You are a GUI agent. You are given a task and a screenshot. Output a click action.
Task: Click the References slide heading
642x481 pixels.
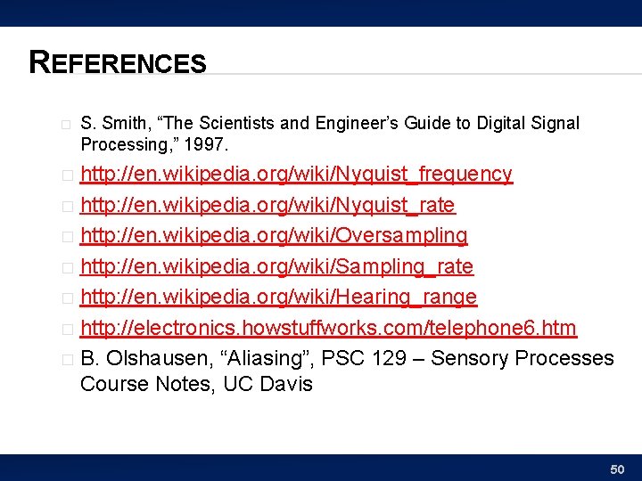[118, 62]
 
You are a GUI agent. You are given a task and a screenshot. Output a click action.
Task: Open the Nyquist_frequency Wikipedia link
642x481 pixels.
[296, 174]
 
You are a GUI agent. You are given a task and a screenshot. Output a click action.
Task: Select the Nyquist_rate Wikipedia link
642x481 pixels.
[267, 205]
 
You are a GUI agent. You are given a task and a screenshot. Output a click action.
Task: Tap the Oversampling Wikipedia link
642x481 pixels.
[274, 236]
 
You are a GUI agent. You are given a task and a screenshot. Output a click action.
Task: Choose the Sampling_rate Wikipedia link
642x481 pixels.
[276, 266]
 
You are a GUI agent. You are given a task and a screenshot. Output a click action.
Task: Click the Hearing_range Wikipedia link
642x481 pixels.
[278, 297]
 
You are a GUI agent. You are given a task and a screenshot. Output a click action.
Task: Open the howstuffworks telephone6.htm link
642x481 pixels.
[328, 328]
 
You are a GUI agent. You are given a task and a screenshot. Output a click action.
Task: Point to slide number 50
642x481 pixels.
[616, 469]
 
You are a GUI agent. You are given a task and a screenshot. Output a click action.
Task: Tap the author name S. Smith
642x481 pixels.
[106, 123]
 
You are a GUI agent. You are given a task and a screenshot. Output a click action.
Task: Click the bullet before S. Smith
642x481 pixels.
[66, 124]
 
